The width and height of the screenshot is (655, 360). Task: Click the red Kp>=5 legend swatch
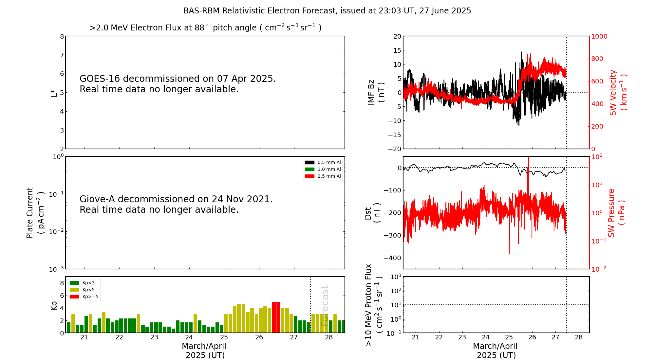click(x=74, y=297)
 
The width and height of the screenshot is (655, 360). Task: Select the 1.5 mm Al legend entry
click(x=323, y=176)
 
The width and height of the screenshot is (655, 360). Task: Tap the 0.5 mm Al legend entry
click(x=323, y=162)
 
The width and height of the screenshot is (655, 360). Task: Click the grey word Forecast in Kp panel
click(x=325, y=306)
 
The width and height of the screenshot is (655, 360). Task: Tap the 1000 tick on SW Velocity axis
click(x=599, y=36)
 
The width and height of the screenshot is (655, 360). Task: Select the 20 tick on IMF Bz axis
click(x=397, y=36)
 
